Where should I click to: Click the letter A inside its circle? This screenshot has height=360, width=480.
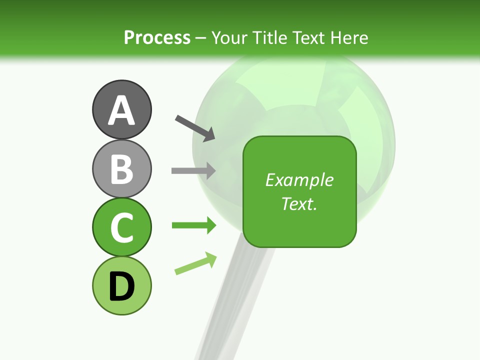(121, 110)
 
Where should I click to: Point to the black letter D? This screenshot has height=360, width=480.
(121, 286)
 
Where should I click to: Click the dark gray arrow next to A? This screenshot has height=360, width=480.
(195, 127)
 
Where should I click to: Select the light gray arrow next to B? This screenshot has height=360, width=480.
(193, 170)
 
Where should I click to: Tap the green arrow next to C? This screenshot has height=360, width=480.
(193, 225)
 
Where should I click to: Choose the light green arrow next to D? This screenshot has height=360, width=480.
(195, 264)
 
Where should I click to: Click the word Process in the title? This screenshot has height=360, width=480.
(157, 38)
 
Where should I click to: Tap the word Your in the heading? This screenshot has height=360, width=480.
(228, 38)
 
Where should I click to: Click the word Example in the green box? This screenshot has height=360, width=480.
(299, 180)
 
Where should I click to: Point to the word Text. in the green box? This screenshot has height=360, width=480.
(299, 203)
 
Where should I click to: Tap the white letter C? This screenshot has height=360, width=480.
(121, 228)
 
